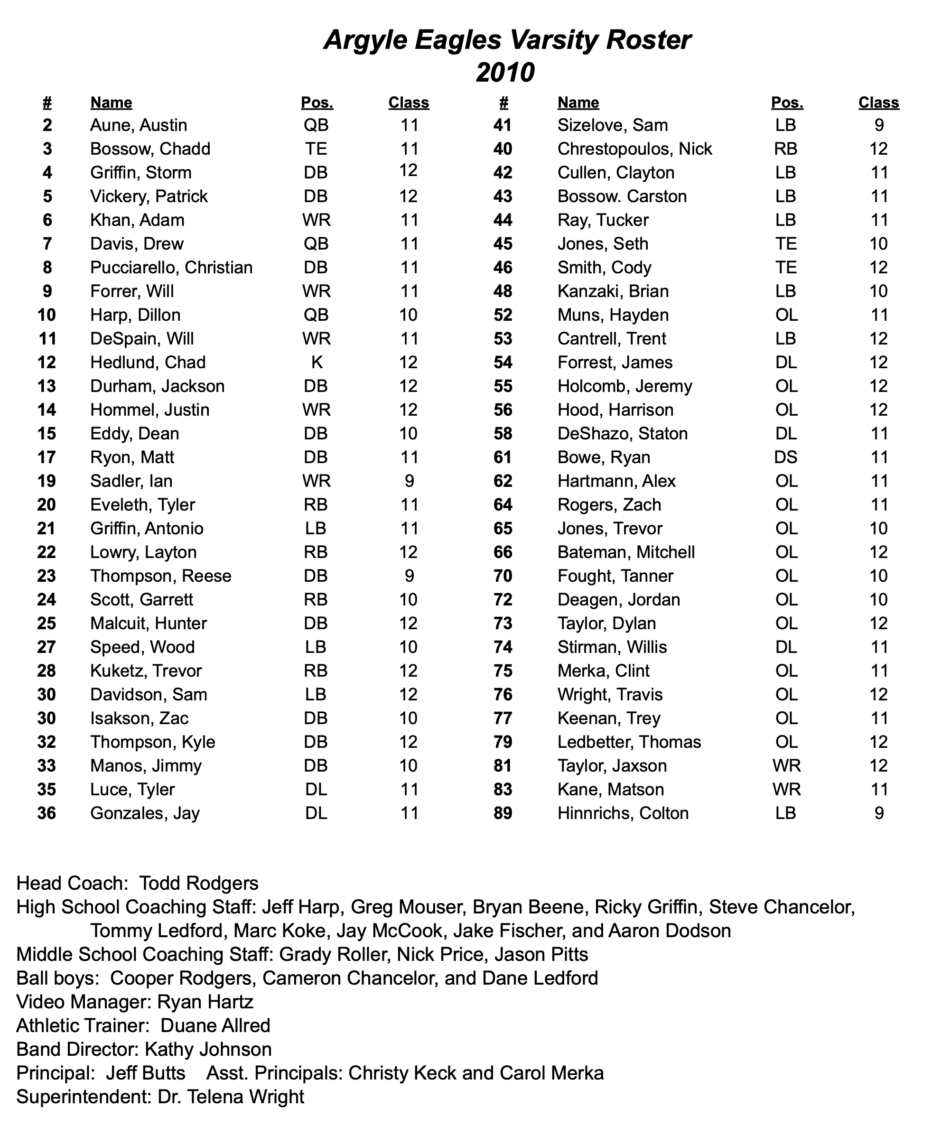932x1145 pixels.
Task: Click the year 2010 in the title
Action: click(x=505, y=73)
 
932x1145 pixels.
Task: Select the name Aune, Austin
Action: click(x=139, y=126)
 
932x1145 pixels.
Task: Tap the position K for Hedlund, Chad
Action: click(x=317, y=363)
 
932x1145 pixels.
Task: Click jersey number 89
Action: click(x=503, y=813)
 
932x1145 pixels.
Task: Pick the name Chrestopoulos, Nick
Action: click(x=634, y=149)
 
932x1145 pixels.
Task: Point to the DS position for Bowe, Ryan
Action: click(x=786, y=457)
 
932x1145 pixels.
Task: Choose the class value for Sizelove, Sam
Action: click(x=878, y=126)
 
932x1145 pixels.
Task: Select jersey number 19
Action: click(x=47, y=481)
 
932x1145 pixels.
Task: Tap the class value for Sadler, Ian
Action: click(x=409, y=481)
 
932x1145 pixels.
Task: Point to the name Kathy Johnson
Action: click(x=208, y=1050)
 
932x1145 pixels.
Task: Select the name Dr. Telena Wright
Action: click(x=231, y=1097)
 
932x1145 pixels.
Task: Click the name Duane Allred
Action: click(x=215, y=1026)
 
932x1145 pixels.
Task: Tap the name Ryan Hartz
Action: click(x=205, y=1002)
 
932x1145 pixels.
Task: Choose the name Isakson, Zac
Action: click(x=139, y=719)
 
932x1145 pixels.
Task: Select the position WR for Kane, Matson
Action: click(x=786, y=790)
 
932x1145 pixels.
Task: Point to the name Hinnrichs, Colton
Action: click(x=623, y=813)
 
